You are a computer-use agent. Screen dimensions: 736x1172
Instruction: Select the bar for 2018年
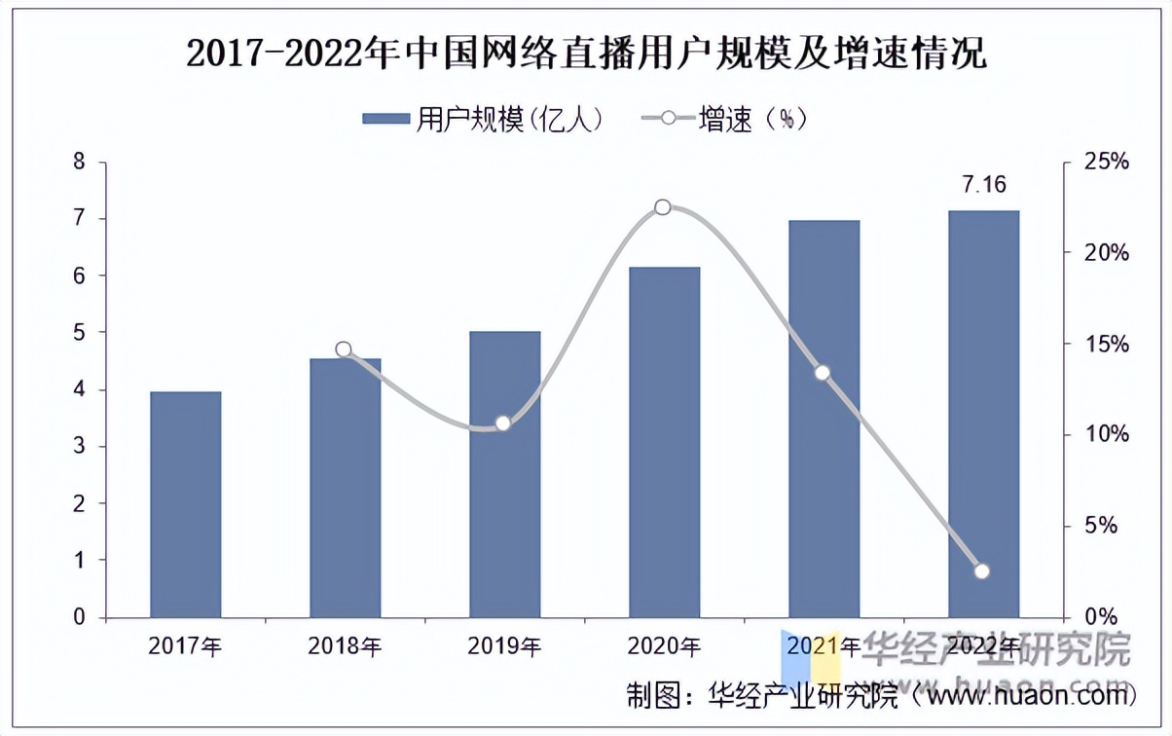[345, 488]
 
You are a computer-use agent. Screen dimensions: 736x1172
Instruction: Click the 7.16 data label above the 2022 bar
[983, 185]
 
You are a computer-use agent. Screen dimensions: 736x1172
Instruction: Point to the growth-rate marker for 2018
[344, 350]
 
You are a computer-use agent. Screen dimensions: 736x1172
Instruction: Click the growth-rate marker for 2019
[503, 423]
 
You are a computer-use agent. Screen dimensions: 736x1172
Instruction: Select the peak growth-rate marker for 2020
[663, 207]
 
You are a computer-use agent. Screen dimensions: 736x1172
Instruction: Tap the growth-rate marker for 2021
[823, 373]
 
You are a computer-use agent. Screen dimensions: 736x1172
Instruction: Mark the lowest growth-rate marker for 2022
[982, 571]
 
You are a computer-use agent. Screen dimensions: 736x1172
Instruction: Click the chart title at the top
[586, 54]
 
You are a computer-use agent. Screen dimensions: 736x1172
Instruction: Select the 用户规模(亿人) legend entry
[483, 119]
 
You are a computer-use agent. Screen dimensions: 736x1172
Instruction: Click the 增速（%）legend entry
[724, 119]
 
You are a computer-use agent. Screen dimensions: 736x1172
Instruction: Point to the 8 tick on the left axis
[79, 162]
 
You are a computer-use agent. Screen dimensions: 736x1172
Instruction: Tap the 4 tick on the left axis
[79, 390]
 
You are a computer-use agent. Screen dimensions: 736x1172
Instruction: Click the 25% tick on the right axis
[1107, 162]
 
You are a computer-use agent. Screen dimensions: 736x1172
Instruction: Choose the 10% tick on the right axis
[1107, 435]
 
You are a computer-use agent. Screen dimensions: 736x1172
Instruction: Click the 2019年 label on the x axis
[504, 645]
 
